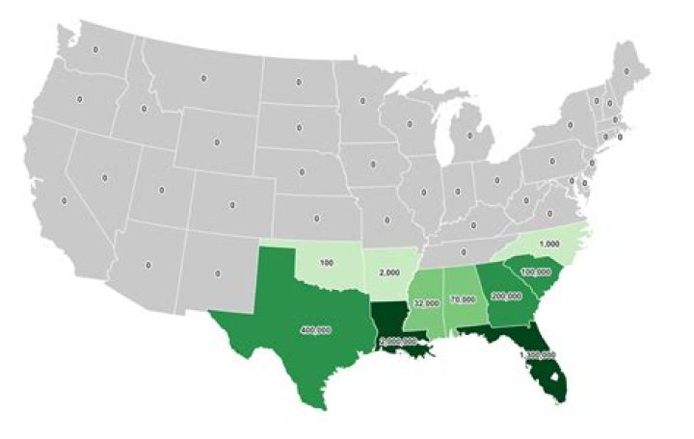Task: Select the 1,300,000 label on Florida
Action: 537,355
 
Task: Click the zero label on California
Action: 64,201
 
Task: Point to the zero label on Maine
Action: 627,70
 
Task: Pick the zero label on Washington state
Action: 94,47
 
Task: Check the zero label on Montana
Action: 203,78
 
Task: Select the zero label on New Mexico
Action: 218,274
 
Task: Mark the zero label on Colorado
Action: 232,205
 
